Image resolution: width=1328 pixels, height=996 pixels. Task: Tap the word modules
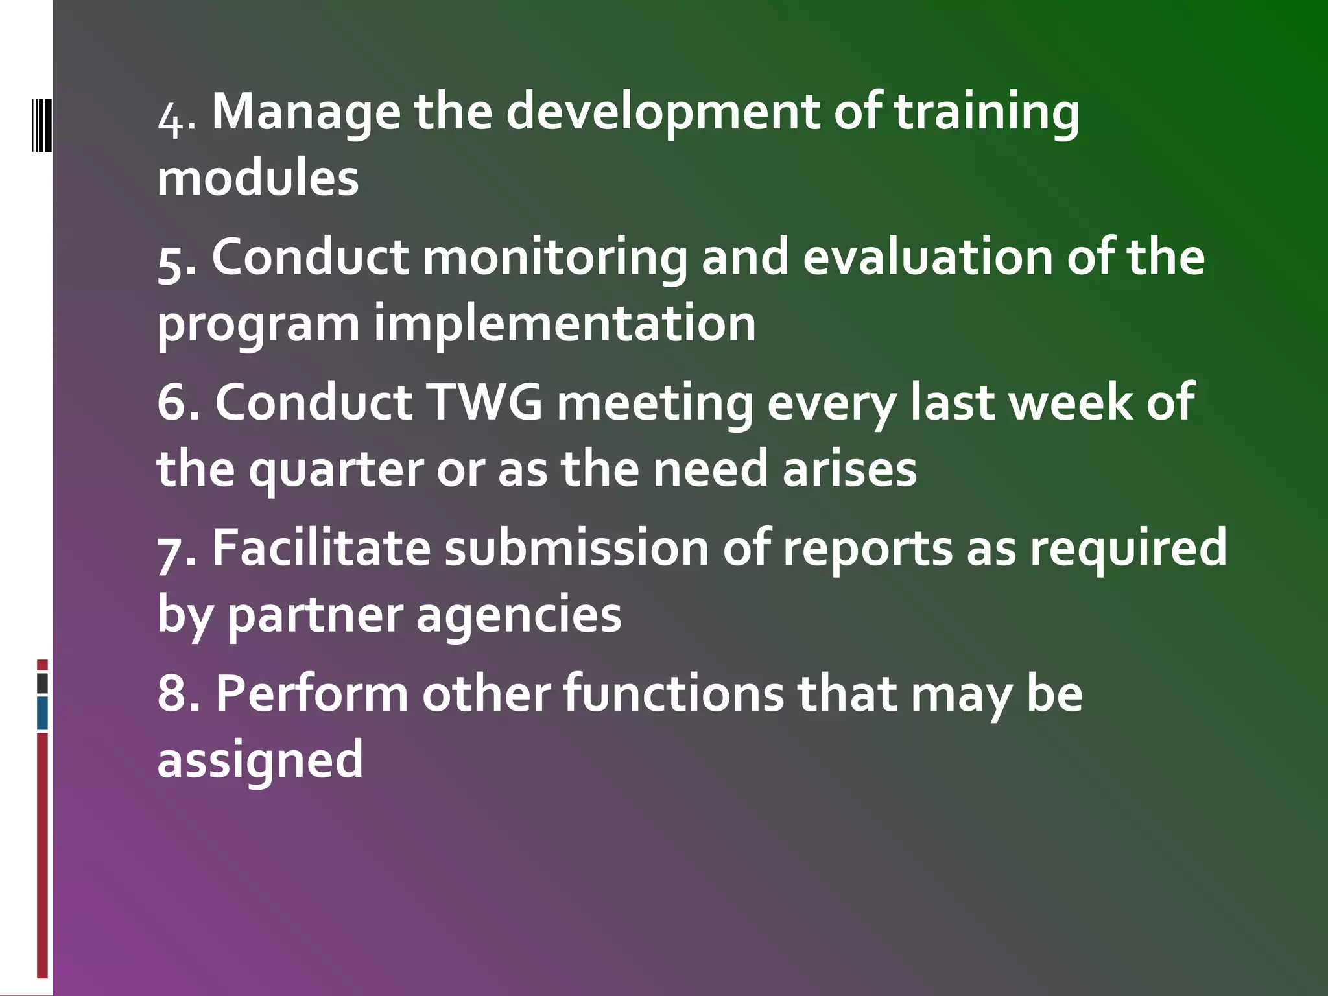coord(257,178)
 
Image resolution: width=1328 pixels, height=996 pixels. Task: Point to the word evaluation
coord(927,257)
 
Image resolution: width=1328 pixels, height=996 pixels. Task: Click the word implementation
coord(564,324)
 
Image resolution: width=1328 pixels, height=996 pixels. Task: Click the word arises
coord(849,469)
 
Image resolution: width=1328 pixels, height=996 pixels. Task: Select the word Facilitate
coord(321,549)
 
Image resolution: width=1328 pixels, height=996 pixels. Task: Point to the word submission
coord(576,549)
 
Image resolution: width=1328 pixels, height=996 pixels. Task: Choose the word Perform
coord(311,694)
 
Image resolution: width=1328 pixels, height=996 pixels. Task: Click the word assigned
coord(260,761)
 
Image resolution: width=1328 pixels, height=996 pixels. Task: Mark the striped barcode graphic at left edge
coord(42,124)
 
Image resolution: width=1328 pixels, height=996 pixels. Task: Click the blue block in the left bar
coord(43,713)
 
